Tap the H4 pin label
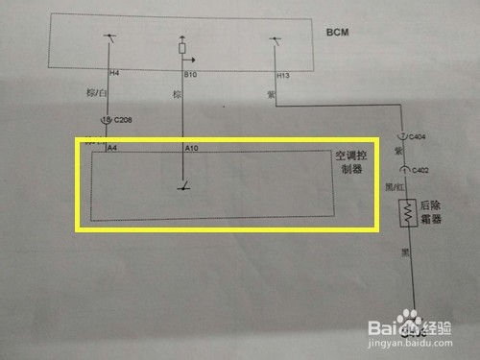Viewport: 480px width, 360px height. (114, 73)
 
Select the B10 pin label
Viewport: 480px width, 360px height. (190, 73)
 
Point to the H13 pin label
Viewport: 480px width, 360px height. (283, 74)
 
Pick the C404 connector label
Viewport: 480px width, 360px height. (420, 137)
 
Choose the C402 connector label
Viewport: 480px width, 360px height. (420, 170)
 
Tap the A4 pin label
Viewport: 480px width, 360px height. (112, 148)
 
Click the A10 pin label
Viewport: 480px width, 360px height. (190, 148)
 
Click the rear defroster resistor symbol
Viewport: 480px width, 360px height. (410, 212)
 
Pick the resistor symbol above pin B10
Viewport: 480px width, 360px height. (183, 46)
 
